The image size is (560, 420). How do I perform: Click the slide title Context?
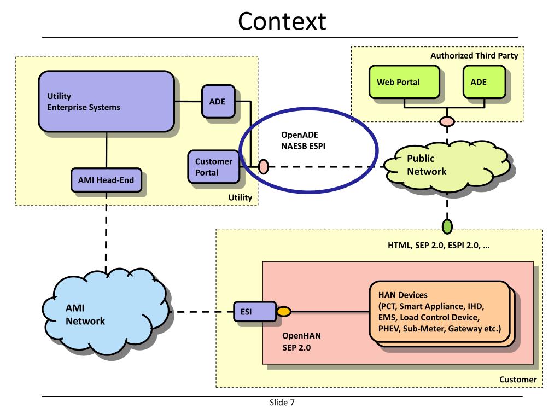coord(282,21)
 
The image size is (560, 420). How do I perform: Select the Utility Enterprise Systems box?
coord(107,101)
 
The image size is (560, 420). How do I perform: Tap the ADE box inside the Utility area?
coord(218,101)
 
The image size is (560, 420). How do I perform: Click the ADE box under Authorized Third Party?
coord(485,82)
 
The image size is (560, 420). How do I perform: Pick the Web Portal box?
coord(404,82)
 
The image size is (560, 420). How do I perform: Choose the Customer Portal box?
coord(214,167)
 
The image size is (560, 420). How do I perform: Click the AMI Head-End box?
coord(106,180)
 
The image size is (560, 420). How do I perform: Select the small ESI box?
coord(255,311)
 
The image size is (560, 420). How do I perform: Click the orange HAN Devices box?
coord(440,312)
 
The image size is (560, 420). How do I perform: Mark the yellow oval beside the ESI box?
coord(284,311)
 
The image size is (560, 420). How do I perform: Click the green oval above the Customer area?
coord(447,226)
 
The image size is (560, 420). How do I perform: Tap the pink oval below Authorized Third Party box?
coord(447,121)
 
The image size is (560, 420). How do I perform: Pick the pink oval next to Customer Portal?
coord(263,167)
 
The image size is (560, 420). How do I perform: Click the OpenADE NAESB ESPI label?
coord(303,141)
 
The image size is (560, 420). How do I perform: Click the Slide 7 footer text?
coord(282,402)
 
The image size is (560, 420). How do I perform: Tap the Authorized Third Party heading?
coord(474,55)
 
